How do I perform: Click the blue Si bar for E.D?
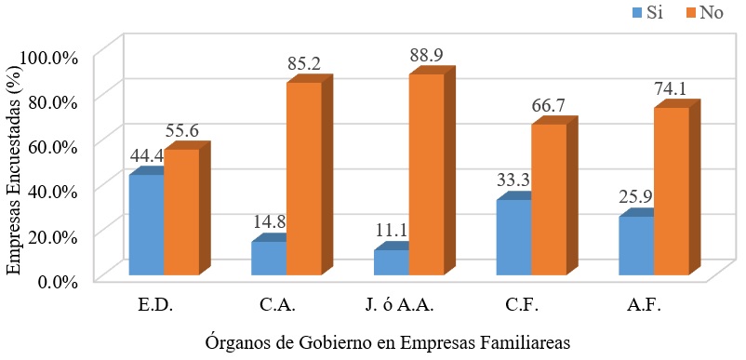click(146, 225)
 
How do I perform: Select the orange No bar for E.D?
click(181, 212)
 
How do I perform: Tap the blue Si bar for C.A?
click(269, 259)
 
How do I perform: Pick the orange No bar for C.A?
click(304, 179)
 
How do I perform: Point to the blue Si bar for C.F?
click(514, 238)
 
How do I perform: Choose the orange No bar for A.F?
click(672, 192)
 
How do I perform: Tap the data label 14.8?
click(270, 222)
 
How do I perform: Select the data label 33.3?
click(514, 180)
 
